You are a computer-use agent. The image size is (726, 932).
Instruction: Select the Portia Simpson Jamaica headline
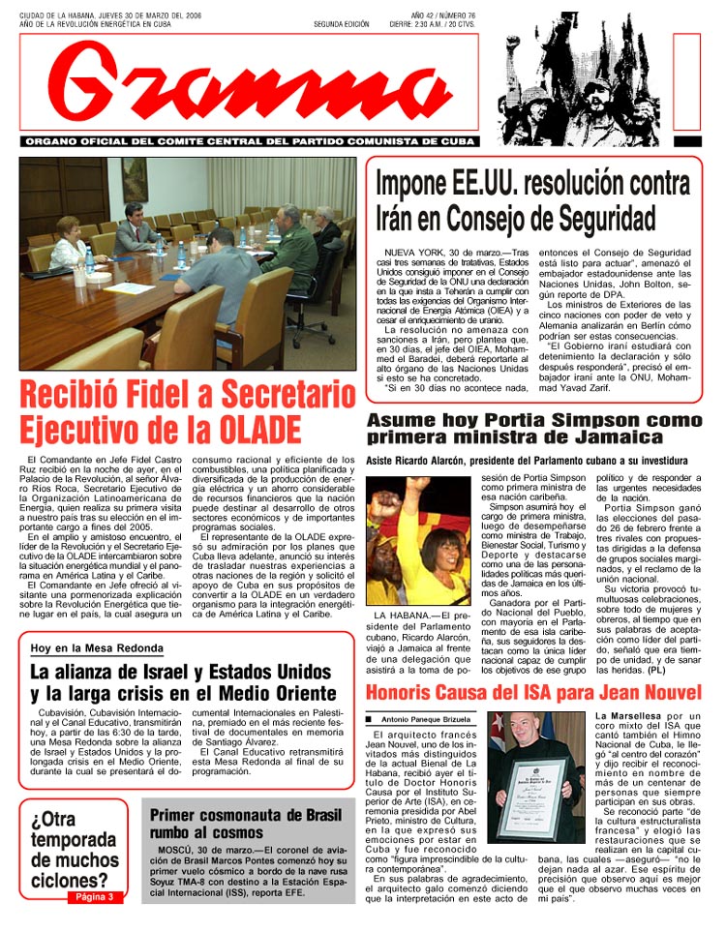click(533, 429)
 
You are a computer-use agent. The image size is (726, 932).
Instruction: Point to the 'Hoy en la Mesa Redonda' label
click(97, 647)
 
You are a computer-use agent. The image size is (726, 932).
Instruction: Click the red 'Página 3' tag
click(94, 897)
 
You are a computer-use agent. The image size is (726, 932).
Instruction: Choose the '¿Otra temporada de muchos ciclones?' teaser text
click(74, 849)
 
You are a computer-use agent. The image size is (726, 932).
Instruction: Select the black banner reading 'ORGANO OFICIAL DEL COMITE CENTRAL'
click(249, 141)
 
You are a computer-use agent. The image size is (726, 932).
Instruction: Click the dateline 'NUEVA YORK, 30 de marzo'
click(440, 251)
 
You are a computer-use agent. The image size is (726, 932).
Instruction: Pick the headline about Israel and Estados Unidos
click(182, 682)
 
